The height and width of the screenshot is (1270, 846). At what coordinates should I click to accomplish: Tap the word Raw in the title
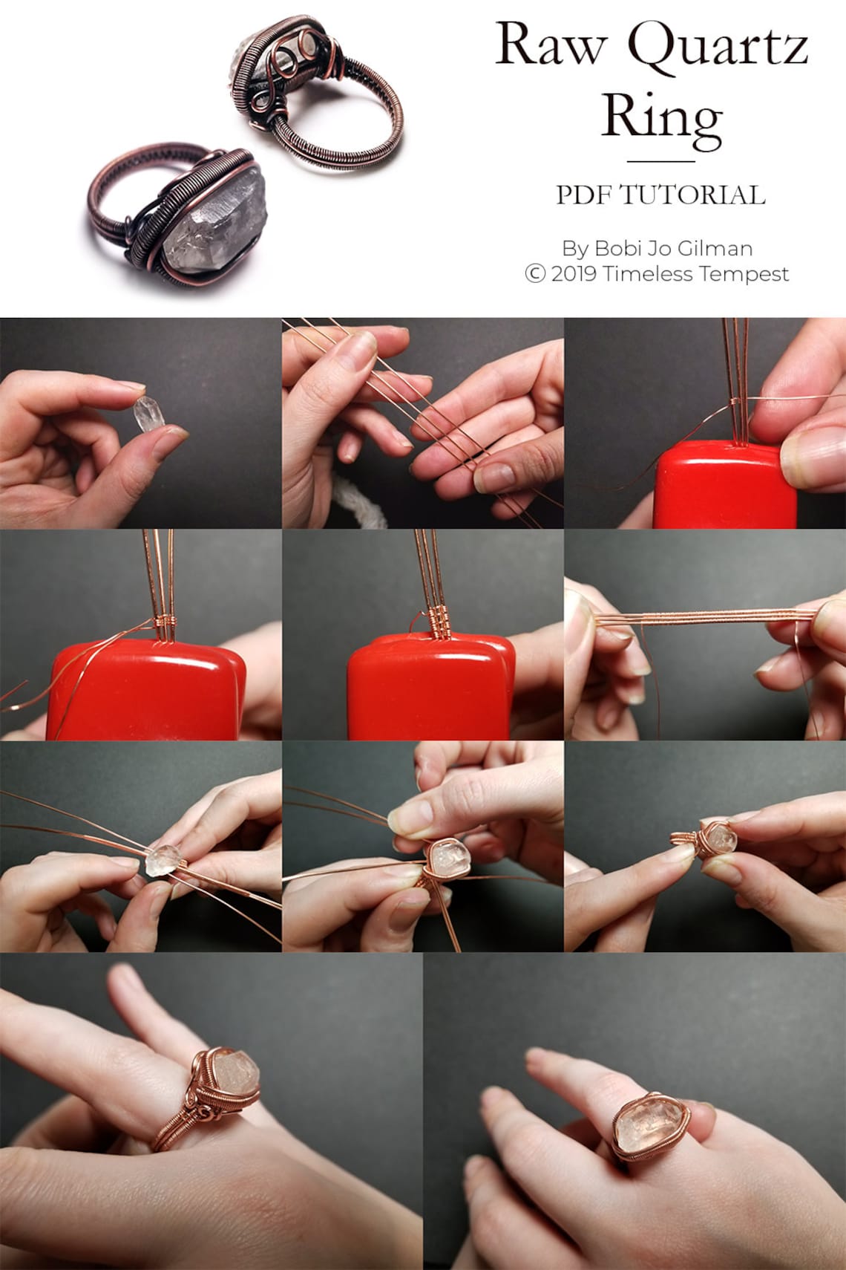pyautogui.click(x=550, y=45)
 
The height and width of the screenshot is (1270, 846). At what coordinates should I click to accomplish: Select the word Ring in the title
pyautogui.click(x=660, y=117)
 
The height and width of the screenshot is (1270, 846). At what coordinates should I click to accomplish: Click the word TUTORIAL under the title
pyautogui.click(x=692, y=195)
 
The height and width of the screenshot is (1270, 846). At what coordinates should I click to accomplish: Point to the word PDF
pyautogui.click(x=584, y=195)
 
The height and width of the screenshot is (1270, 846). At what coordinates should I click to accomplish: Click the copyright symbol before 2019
pyautogui.click(x=535, y=274)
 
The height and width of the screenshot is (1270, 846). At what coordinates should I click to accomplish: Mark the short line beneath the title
pyautogui.click(x=660, y=161)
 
